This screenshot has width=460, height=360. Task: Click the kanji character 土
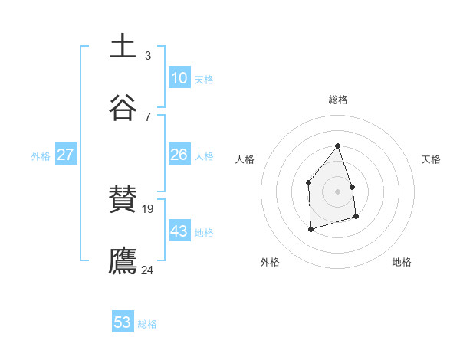coord(123,46)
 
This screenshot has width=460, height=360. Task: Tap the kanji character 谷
coord(123,107)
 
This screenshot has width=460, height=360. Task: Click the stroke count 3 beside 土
coord(148,56)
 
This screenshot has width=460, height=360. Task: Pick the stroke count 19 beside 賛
coord(148,208)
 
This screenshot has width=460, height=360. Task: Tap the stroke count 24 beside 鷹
coord(148,270)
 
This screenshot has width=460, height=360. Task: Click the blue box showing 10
coord(179,78)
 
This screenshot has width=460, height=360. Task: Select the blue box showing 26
coord(179,155)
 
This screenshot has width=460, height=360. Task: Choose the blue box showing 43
coord(179,231)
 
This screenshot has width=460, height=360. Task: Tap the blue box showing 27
coord(65,155)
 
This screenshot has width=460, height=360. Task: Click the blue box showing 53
coord(123,322)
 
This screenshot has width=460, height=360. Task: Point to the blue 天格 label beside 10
coord(204,80)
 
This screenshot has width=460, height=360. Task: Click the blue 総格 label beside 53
coord(147,324)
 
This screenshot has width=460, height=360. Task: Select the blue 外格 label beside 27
coord(41,156)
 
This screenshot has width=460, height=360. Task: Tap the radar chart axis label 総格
coord(338,100)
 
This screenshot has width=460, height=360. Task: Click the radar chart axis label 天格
coord(431,159)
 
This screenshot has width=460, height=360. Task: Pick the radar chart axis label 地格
coord(402,262)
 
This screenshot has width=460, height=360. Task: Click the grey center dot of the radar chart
coord(338,191)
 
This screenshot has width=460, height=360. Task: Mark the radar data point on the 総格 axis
coord(338,146)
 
